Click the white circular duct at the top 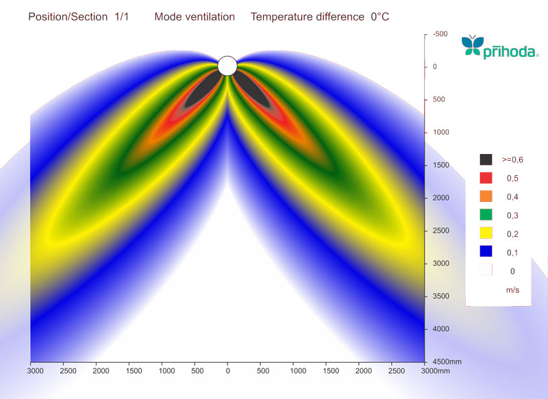pos(227,66)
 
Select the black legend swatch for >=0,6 pos(486,159)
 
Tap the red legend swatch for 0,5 pos(486,178)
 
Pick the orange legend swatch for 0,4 pos(486,197)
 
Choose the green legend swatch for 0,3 pos(486,216)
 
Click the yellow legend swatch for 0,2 pos(486,234)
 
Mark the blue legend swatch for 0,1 pos(486,253)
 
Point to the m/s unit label pos(512,290)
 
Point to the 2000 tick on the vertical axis pos(440,198)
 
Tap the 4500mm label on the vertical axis pos(444,362)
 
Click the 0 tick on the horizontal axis pos(228,371)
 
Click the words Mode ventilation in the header pos(195,16)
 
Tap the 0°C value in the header pos(379,16)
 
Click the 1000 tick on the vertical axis pos(440,132)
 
